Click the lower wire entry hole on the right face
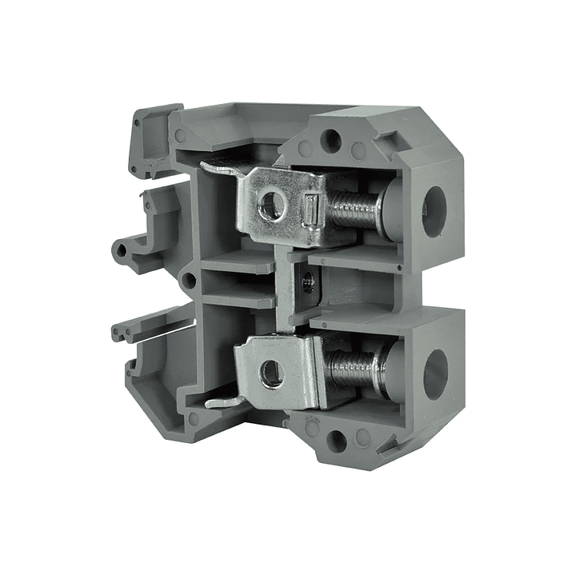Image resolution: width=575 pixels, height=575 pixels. coord(434,373)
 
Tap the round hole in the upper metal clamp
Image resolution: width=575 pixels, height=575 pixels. coord(271,206)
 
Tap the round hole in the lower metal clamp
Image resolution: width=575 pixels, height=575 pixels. coord(271,373)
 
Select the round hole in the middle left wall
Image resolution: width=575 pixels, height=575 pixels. coord(189,280)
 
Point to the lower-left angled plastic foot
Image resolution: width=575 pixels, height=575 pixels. coord(148,392)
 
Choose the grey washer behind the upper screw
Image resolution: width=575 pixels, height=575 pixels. coord(389,207)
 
